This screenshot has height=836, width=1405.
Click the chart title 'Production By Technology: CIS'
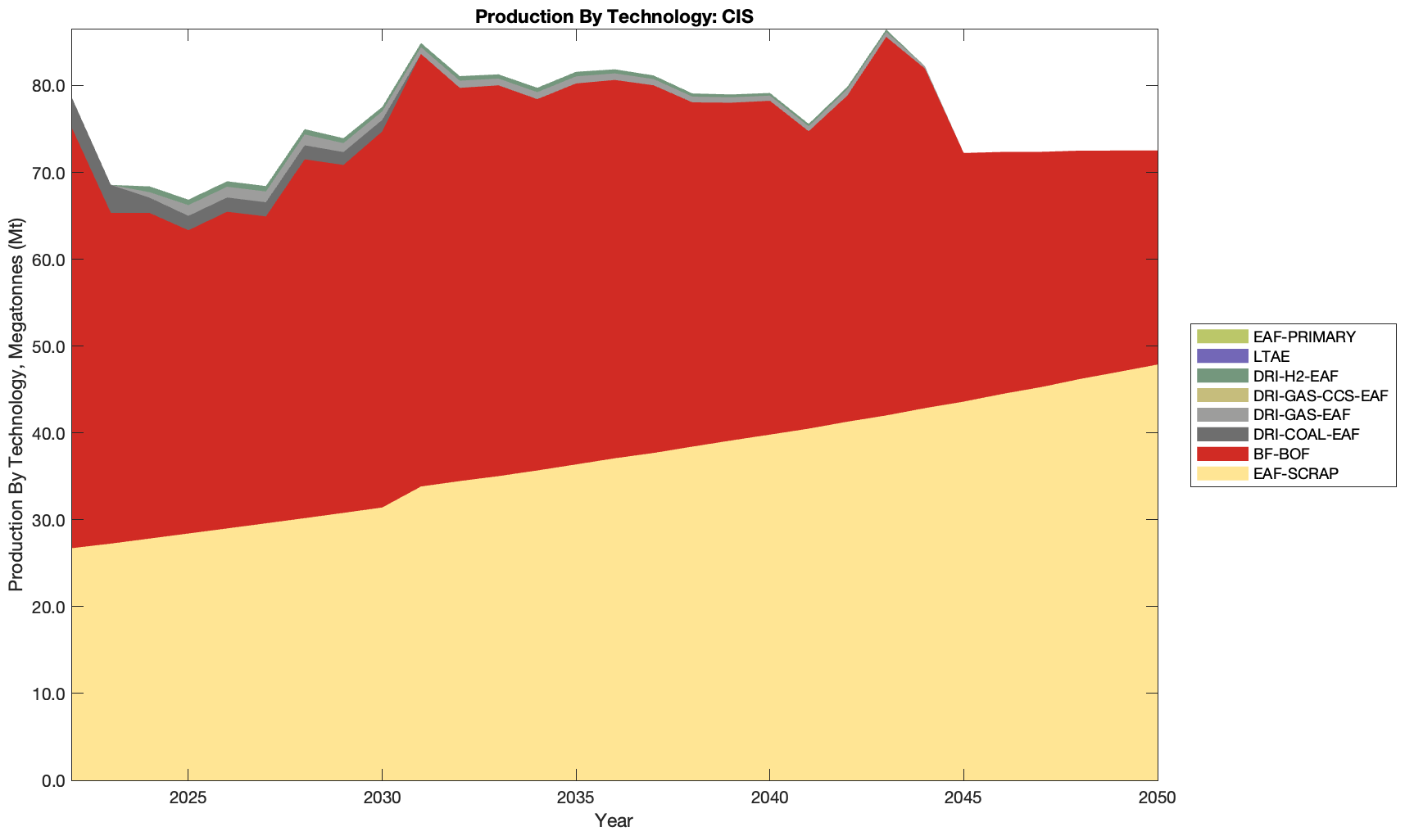click(x=614, y=16)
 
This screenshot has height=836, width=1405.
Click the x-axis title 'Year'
click(x=614, y=820)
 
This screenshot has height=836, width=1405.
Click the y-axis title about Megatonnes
click(x=16, y=404)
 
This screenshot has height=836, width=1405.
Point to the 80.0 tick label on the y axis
click(x=49, y=86)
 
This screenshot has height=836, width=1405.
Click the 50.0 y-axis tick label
click(x=49, y=346)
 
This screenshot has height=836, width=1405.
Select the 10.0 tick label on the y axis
click(x=49, y=694)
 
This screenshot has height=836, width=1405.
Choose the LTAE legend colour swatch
click(x=1222, y=356)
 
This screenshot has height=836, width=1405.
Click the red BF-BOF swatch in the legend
click(x=1222, y=454)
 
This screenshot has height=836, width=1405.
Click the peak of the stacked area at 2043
click(x=886, y=31)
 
